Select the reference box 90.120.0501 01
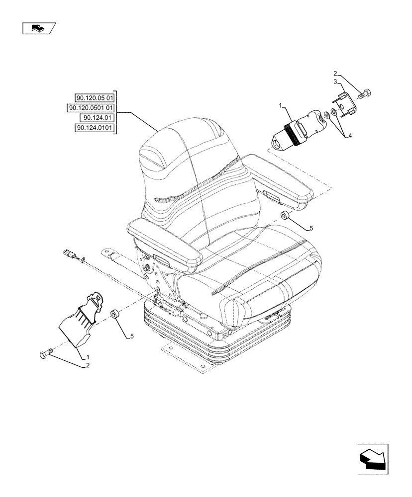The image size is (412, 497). [x=91, y=108]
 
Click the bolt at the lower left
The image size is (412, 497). [x=43, y=355]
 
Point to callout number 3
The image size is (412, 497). [x=335, y=82]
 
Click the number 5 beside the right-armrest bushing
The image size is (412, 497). [x=311, y=228]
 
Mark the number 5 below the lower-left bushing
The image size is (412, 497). [x=132, y=336]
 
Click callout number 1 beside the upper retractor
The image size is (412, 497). [x=281, y=106]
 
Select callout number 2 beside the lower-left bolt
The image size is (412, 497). [x=88, y=365]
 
